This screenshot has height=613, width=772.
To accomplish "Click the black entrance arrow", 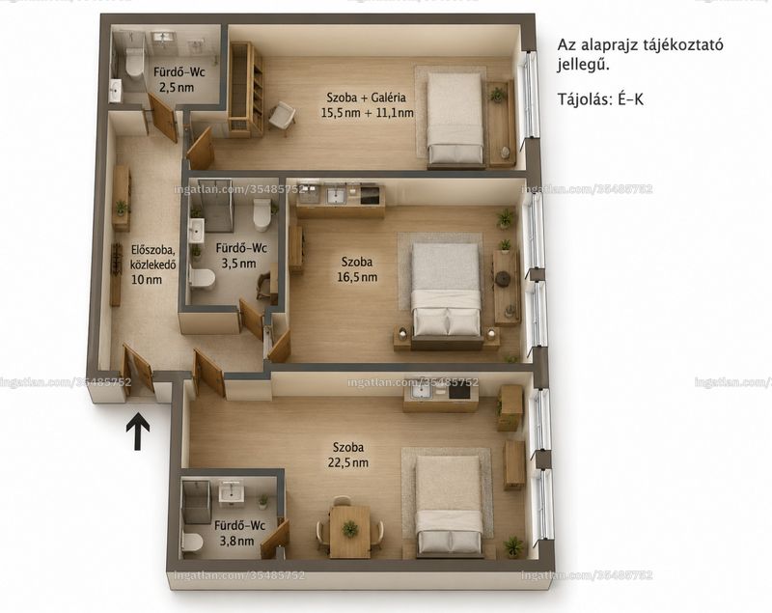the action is pyautogui.click(x=138, y=432).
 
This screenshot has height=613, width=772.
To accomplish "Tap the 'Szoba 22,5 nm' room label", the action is pyautogui.click(x=348, y=455).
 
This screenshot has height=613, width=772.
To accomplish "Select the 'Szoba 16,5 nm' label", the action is pyautogui.click(x=357, y=269).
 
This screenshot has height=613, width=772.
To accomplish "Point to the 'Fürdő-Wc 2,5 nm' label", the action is pyautogui.click(x=179, y=80).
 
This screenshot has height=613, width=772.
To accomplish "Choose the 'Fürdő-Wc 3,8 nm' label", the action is pyautogui.click(x=239, y=533).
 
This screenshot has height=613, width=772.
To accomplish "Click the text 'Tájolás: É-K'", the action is pyautogui.click(x=600, y=99).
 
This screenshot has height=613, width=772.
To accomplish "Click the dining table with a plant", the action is pyautogui.click(x=349, y=532).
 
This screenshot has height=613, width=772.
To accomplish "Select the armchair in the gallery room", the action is pyautogui.click(x=282, y=117).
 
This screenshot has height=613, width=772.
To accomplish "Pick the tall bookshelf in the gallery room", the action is pyautogui.click(x=246, y=88).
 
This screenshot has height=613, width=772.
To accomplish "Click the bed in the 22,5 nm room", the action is pyautogui.click(x=449, y=506).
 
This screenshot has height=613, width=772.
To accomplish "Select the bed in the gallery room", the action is pyautogui.click(x=455, y=119).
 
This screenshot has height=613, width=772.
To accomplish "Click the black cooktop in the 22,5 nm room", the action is pyautogui.click(x=460, y=391).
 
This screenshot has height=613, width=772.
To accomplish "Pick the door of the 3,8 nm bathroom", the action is pyautogui.click(x=275, y=540).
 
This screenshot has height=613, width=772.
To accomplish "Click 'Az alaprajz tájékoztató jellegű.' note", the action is pyautogui.click(x=640, y=54).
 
